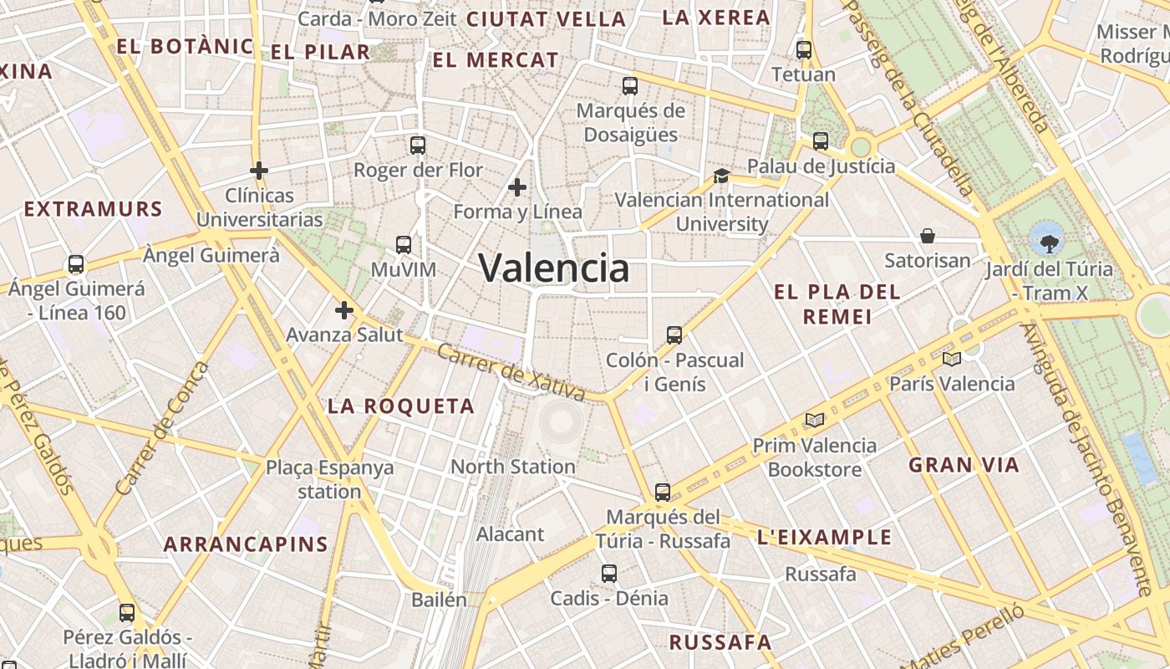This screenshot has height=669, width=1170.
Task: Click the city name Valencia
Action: [554, 268]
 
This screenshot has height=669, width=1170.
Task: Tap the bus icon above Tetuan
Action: [804, 50]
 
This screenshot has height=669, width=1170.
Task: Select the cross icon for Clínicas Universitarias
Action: [259, 171]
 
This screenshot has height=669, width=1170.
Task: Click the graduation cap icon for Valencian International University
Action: [721, 176]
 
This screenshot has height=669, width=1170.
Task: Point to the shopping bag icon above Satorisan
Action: [928, 236]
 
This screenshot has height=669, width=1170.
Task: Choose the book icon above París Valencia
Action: [952, 359]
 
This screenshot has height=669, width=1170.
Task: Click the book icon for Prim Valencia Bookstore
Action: [815, 420]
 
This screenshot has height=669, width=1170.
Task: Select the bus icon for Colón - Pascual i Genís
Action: [674, 335]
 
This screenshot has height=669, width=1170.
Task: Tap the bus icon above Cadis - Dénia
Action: [609, 574]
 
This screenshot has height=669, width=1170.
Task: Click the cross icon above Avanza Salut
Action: [344, 310]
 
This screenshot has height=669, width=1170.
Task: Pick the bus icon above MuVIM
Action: [404, 245]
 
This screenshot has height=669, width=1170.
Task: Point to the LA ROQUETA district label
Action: [400, 406]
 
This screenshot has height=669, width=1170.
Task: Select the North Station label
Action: [513, 467]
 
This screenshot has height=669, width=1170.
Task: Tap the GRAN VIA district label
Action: [964, 465]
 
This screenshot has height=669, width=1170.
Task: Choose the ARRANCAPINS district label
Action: [246, 544]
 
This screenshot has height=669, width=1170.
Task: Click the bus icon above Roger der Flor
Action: [418, 146]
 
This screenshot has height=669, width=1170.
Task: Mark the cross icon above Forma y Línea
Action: [517, 186]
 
